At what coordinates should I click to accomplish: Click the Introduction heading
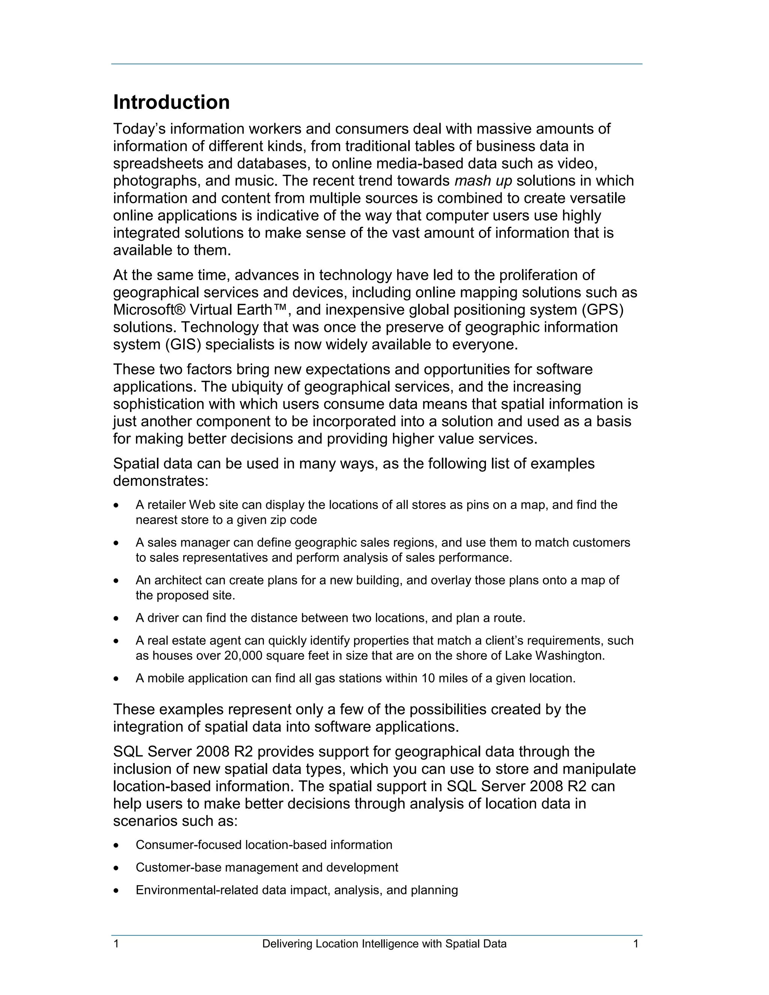(171, 102)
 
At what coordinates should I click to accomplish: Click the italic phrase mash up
(483, 181)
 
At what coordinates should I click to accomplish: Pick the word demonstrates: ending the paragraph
(160, 481)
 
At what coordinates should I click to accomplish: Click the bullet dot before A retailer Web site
(117, 505)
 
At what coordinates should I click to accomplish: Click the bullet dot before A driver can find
(117, 618)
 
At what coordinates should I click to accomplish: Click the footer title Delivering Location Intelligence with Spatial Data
(384, 944)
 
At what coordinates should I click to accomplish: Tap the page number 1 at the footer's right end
(636, 944)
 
